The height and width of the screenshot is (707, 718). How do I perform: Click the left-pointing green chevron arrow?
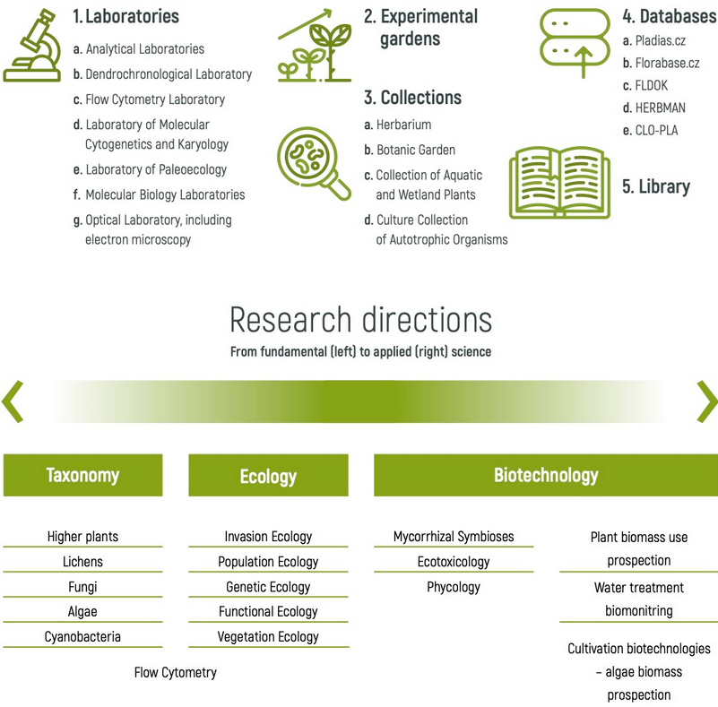coord(13,401)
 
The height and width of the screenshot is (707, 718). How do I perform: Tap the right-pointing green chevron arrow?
coord(706,401)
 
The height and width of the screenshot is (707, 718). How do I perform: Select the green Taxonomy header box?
coord(82,475)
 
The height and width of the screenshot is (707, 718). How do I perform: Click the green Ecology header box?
coord(268,476)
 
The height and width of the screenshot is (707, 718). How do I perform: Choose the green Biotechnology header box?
coord(545,475)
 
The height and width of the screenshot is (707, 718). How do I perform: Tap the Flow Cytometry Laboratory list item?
coord(154,99)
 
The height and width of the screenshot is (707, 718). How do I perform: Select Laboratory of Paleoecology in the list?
coord(155,169)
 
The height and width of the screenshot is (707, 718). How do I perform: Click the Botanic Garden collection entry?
coord(415,150)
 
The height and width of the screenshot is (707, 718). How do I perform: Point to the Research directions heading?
coord(360,320)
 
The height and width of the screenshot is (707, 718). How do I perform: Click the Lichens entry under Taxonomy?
coord(82,562)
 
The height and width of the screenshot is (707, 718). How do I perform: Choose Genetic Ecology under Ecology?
coord(268,587)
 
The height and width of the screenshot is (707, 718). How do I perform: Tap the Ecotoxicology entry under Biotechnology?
coord(454,562)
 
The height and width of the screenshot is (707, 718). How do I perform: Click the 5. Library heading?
coord(656,186)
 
